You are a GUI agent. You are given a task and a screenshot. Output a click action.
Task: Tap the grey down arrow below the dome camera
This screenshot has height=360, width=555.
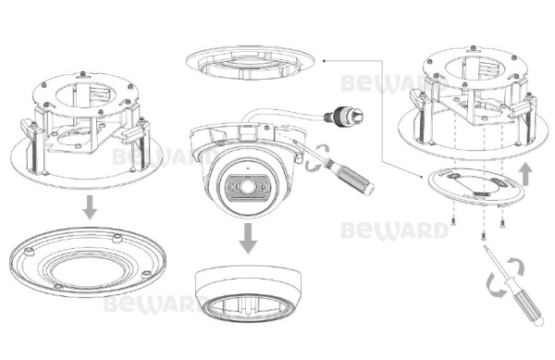(x=248, y=238)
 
